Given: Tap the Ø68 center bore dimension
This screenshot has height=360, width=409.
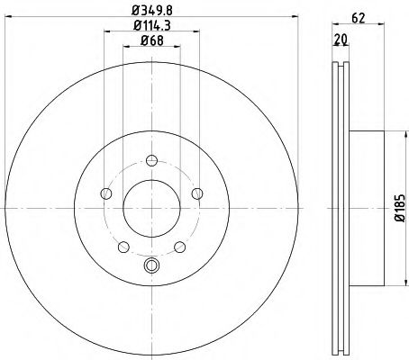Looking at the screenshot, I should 150,40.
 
